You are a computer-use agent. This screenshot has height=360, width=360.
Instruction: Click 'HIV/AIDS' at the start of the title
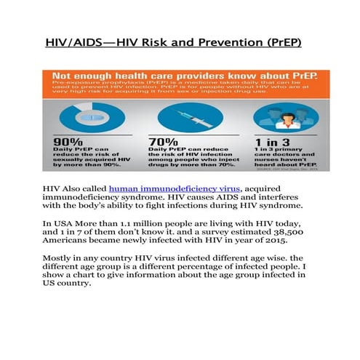[x=73, y=44]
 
